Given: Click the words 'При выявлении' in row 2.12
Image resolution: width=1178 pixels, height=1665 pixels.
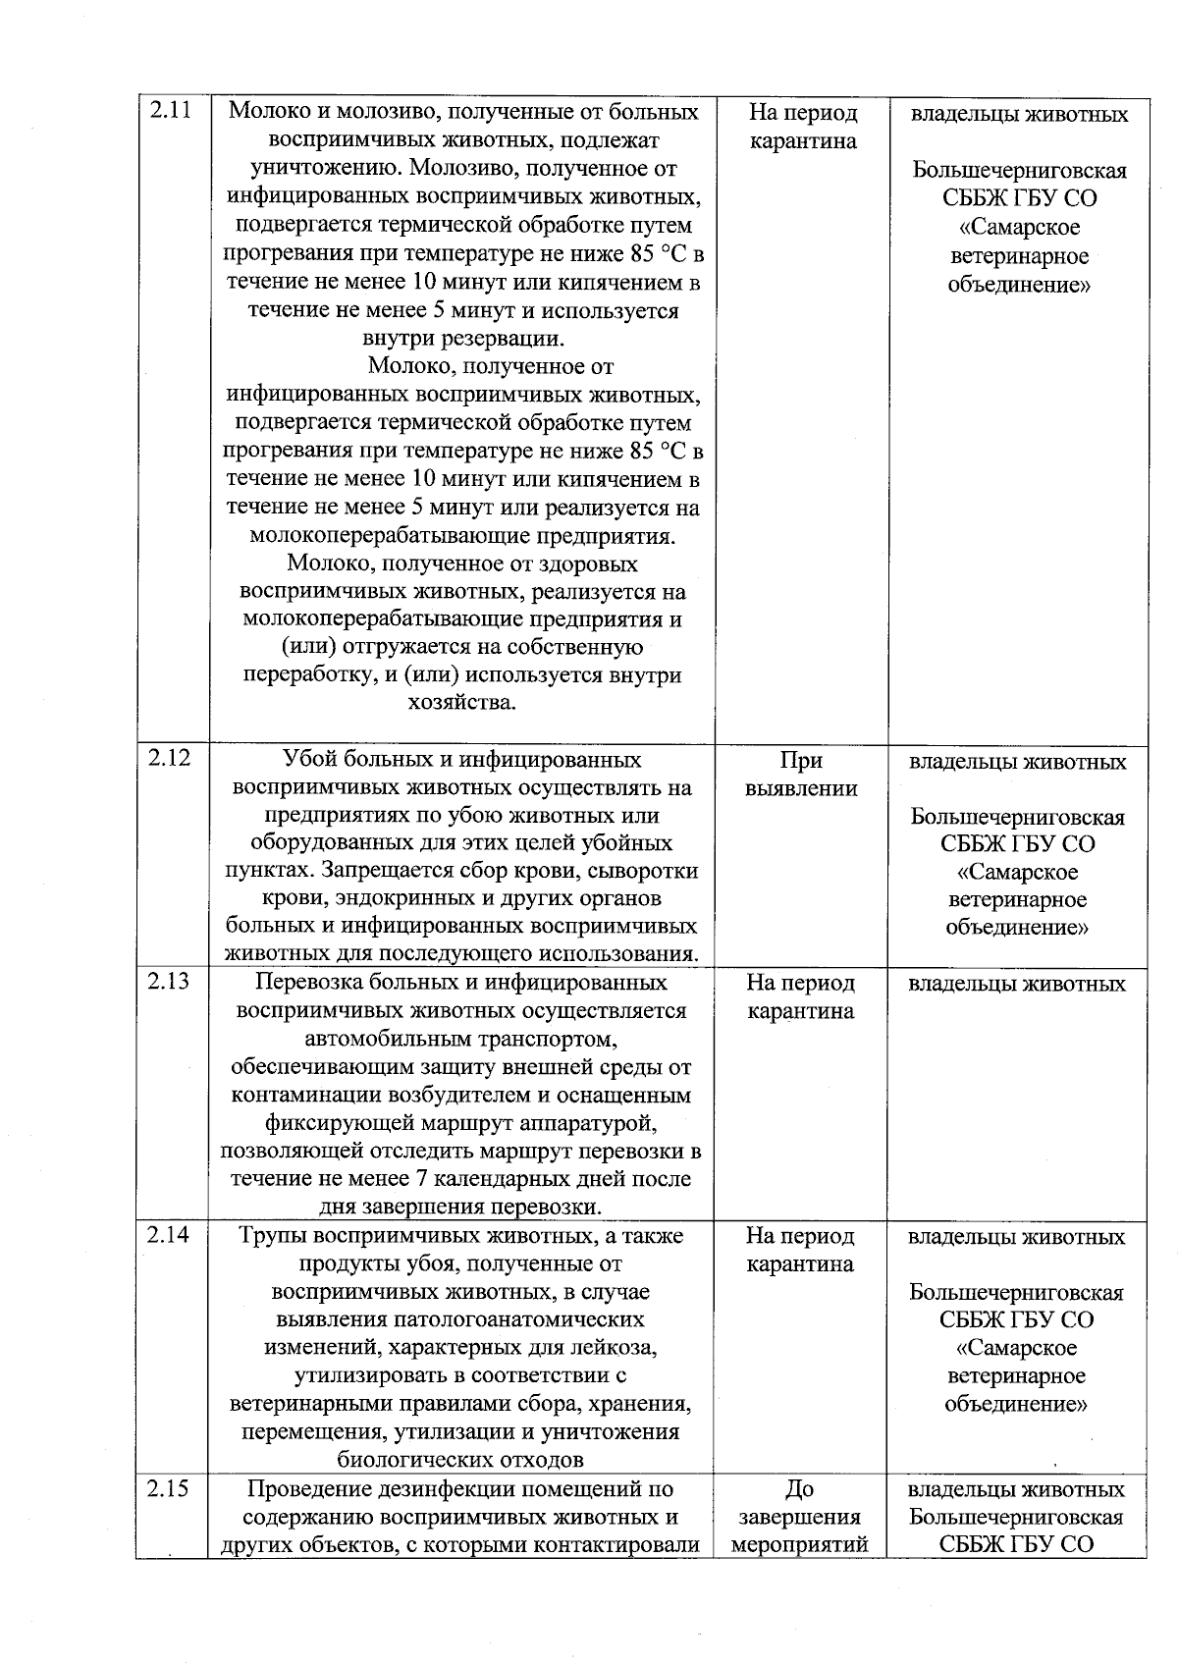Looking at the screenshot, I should point(800,774).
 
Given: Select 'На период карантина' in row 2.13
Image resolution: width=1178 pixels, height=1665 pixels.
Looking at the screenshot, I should point(800,996).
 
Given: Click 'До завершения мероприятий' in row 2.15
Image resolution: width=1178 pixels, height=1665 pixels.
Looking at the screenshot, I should point(800,1517).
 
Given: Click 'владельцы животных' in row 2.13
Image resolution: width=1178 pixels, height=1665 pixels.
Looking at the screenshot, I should point(1017,983).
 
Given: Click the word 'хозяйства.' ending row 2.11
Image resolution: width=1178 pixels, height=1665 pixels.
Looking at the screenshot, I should point(461,703).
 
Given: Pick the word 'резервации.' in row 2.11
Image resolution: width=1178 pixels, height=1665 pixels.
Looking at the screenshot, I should point(508,340).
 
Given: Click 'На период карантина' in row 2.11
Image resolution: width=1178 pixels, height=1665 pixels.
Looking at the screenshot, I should point(802,127).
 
